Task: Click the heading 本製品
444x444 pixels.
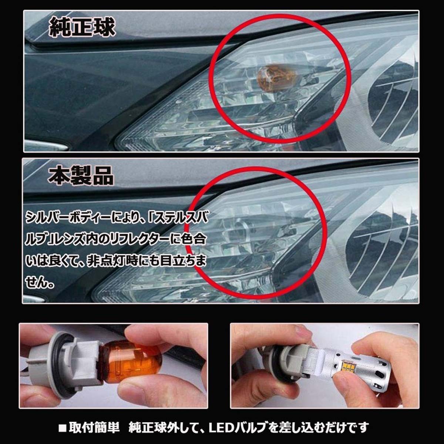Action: coord(81,176)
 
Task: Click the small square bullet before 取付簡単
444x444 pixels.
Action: coord(63,428)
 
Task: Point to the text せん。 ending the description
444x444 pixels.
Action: coord(41,284)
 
